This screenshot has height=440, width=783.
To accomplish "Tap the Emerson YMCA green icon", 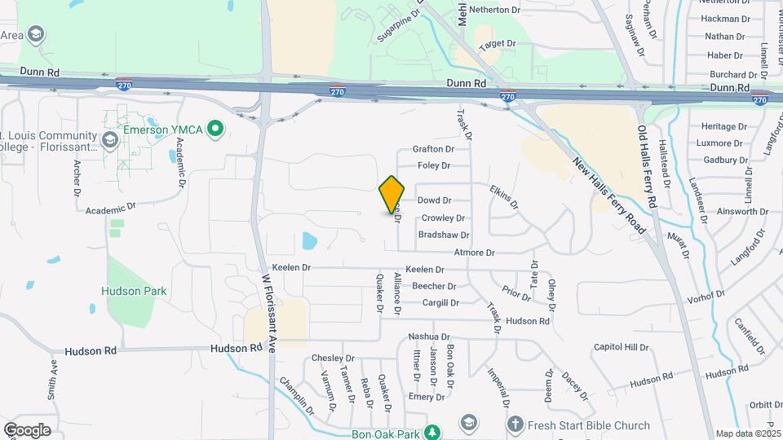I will coord(215,128).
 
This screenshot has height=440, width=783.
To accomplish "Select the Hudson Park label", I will coord(134,291).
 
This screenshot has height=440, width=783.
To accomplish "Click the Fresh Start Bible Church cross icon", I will coord(515,425).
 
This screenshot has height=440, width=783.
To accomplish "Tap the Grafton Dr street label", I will coord(432,149).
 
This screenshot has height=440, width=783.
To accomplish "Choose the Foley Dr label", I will coord(434,166).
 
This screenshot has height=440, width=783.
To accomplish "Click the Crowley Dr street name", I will coord(443,218).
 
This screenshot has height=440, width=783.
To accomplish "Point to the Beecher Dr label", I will coord(434,286).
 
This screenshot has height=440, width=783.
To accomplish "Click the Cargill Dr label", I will coord(440,303).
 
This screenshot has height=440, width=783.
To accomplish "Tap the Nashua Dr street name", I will coord(429,337).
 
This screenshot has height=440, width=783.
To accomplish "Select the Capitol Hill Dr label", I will coord(621,347).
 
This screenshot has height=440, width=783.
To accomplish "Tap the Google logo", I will coord(27,429).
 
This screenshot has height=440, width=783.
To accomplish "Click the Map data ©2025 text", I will coord(748,433).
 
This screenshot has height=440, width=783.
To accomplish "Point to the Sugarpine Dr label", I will coord(398,27).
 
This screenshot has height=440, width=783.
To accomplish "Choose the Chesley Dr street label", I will coord(334,359).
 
